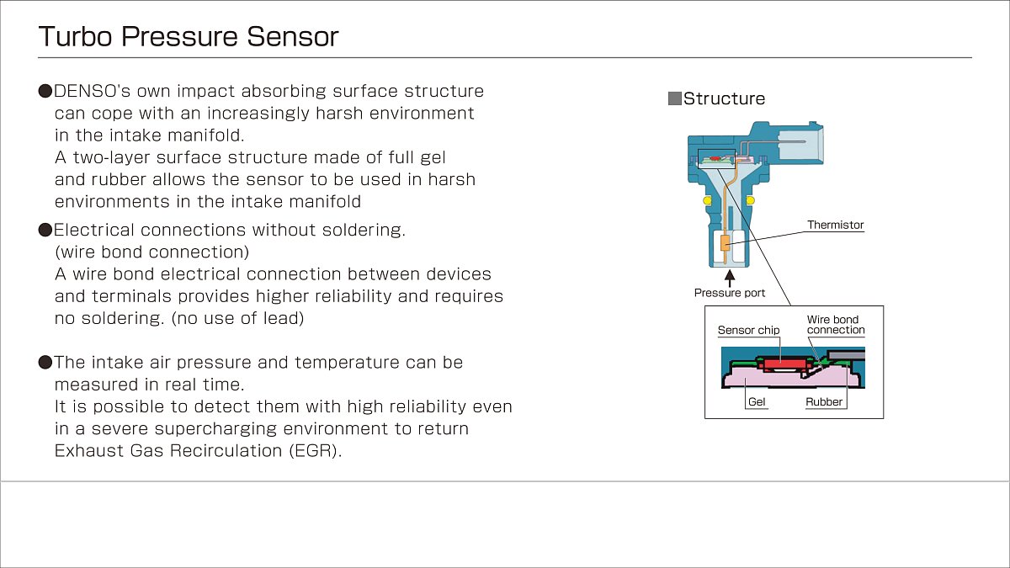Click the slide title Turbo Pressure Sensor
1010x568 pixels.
click(x=189, y=36)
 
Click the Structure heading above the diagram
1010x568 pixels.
click(x=724, y=98)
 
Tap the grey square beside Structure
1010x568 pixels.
click(x=674, y=98)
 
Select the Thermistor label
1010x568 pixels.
click(x=835, y=225)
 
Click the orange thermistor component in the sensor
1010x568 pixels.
click(x=725, y=242)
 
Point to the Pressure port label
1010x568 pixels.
click(x=730, y=293)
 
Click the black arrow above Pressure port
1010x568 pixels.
click(x=730, y=279)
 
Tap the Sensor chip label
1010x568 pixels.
click(x=748, y=330)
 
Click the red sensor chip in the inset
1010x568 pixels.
click(x=784, y=364)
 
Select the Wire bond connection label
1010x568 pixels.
click(x=836, y=325)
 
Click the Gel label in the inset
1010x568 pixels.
click(x=757, y=401)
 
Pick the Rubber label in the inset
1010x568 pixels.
click(x=824, y=401)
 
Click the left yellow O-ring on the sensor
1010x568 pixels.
click(x=707, y=199)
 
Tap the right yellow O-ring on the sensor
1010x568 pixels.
click(x=750, y=199)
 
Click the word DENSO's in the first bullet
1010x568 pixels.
click(x=92, y=91)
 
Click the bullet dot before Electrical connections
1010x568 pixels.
click(x=45, y=230)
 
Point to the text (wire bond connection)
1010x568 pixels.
click(x=152, y=252)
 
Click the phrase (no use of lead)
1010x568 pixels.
click(x=237, y=318)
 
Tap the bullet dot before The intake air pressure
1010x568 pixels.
click(x=45, y=363)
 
